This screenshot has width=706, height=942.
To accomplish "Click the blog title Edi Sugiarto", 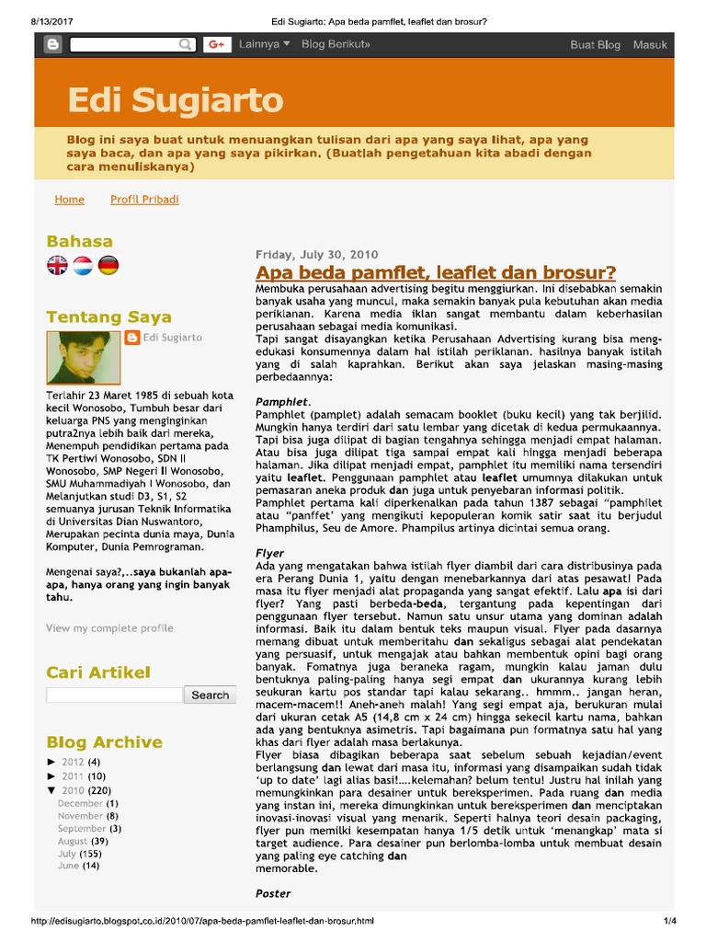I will point(175,100).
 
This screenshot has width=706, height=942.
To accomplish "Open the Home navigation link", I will point(69,200).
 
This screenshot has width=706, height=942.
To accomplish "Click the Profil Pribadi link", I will point(144,200).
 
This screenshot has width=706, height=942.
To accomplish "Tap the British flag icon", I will point(58,267).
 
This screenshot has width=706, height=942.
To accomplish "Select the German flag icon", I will point(108,267).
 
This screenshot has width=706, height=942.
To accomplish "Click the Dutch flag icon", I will point(83,267).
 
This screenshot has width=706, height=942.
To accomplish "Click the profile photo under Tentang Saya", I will point(83,358).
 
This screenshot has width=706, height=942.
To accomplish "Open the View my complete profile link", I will point(109,628).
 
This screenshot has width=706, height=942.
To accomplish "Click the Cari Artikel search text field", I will point(114,695).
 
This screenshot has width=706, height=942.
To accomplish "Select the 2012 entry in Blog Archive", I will point(73,763).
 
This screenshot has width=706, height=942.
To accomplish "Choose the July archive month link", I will point(67,854).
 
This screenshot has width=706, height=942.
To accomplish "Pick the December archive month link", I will point(81,803).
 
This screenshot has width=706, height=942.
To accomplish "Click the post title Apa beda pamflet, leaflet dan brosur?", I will point(436,272).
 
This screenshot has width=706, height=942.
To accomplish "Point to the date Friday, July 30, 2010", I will point(316,255).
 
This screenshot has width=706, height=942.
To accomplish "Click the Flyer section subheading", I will point(271,553).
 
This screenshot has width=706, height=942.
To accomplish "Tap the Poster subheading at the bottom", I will point(273,893).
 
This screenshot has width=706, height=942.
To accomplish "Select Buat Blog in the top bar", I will point(595,44).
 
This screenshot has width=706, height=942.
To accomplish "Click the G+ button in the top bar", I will point(217,44).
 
